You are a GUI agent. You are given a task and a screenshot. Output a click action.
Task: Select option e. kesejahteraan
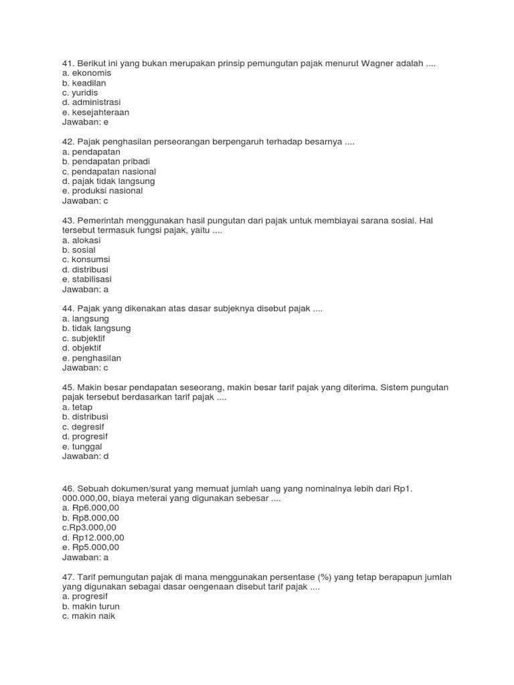96,112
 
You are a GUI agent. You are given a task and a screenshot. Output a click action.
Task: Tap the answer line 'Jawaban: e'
85,122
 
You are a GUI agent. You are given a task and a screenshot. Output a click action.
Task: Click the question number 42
68,142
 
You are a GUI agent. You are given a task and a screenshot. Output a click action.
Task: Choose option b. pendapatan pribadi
106,161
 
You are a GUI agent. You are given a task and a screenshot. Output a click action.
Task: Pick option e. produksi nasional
102,191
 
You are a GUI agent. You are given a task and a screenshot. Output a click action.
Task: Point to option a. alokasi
81,239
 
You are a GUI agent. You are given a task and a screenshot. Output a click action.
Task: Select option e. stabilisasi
87,279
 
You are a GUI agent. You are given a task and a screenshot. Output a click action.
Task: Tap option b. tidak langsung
96,328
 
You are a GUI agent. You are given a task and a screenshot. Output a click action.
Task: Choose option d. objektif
82,348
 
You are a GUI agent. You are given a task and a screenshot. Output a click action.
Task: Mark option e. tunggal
82,446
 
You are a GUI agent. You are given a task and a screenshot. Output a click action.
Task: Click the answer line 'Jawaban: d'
85,456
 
